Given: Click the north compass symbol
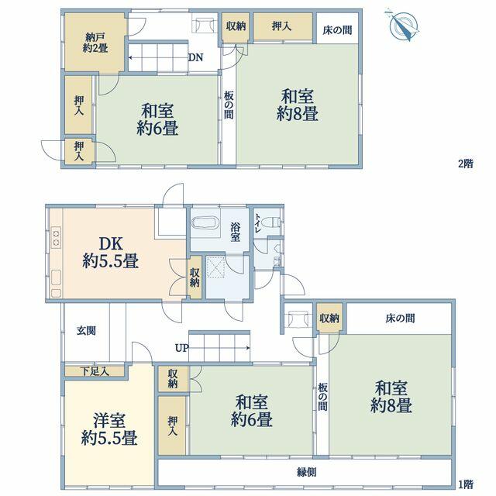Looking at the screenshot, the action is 402,26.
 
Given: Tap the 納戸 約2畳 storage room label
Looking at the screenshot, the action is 95,43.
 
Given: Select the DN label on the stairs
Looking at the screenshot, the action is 195,57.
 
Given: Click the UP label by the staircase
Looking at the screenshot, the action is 181,348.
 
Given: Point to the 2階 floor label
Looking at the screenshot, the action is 466,164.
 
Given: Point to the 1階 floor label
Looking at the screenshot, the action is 466,484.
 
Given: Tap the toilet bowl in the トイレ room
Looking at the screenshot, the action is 270,222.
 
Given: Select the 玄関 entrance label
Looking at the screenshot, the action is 86,331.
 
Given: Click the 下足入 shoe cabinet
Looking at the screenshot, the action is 95,371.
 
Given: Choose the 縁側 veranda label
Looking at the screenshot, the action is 306,472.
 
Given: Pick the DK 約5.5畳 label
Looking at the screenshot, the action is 110,253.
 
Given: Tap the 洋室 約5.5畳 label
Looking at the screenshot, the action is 109,429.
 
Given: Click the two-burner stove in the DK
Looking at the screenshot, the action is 56,238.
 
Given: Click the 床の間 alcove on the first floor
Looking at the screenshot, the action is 399,319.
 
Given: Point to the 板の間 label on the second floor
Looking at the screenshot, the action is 229,105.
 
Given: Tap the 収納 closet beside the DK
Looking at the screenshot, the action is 195,277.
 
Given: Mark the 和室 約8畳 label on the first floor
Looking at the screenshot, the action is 391,397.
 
